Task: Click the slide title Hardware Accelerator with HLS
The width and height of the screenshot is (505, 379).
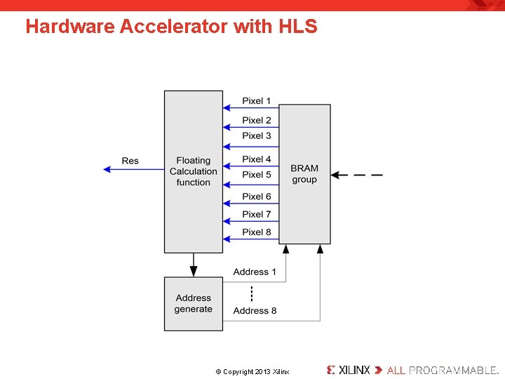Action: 171,27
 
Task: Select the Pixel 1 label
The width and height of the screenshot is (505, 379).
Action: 256,101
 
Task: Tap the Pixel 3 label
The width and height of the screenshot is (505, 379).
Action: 256,135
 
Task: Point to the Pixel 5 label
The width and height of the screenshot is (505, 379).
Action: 256,174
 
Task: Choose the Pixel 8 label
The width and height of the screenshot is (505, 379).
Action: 256,232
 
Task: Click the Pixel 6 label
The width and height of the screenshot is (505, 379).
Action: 256,197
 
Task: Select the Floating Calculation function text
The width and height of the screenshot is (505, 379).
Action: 194,171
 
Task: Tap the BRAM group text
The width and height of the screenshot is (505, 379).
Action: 304,173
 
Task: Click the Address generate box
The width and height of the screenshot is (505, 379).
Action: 194,303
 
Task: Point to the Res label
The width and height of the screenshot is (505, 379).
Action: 130,161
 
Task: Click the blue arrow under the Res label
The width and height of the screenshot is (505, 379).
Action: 133,168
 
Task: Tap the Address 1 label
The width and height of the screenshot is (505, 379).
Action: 255,272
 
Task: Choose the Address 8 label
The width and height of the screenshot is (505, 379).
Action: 255,310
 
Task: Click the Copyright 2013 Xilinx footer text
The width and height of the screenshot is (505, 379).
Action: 252,371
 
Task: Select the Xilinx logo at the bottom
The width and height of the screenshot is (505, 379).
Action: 349,370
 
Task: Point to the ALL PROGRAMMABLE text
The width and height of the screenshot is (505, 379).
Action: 441,370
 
